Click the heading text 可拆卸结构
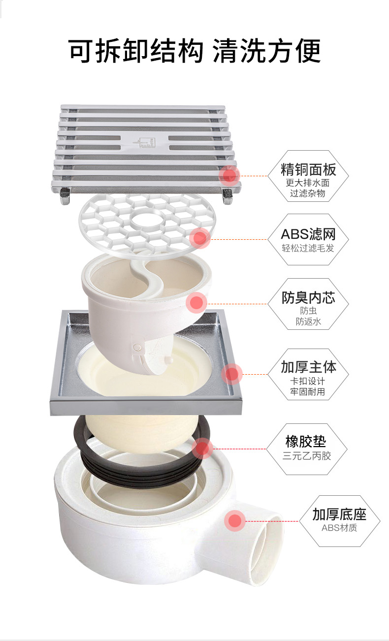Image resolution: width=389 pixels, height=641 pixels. pyautogui.click(x=136, y=51)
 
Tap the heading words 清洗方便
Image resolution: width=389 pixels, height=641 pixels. pyautogui.click(x=267, y=51)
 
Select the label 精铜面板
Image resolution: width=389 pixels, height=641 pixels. pyautogui.click(x=308, y=170)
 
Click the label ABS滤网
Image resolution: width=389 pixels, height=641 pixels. pyautogui.click(x=308, y=234)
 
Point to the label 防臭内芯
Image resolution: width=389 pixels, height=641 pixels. pyautogui.click(x=308, y=297)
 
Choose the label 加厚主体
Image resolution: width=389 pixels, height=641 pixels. pyautogui.click(x=308, y=367)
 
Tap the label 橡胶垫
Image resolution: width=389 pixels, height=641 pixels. pyautogui.click(x=306, y=441)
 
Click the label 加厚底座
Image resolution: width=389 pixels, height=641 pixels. pyautogui.click(x=339, y=514)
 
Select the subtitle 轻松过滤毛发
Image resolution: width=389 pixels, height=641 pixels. pyautogui.click(x=308, y=248)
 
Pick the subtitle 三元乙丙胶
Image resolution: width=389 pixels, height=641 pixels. pyautogui.click(x=307, y=455)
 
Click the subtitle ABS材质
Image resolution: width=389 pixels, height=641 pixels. pyautogui.click(x=339, y=528)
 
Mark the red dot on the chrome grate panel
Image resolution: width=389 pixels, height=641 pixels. pyautogui.click(x=229, y=175)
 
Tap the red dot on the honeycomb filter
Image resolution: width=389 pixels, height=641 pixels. pyautogui.click(x=200, y=238)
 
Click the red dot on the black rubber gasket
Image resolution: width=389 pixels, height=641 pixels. pyautogui.click(x=202, y=449)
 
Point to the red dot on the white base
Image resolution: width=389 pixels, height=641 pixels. pyautogui.click(x=235, y=521)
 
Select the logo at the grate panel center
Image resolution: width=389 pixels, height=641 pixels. pyautogui.click(x=145, y=142)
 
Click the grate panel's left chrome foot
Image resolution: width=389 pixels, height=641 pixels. pyautogui.click(x=65, y=196)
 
